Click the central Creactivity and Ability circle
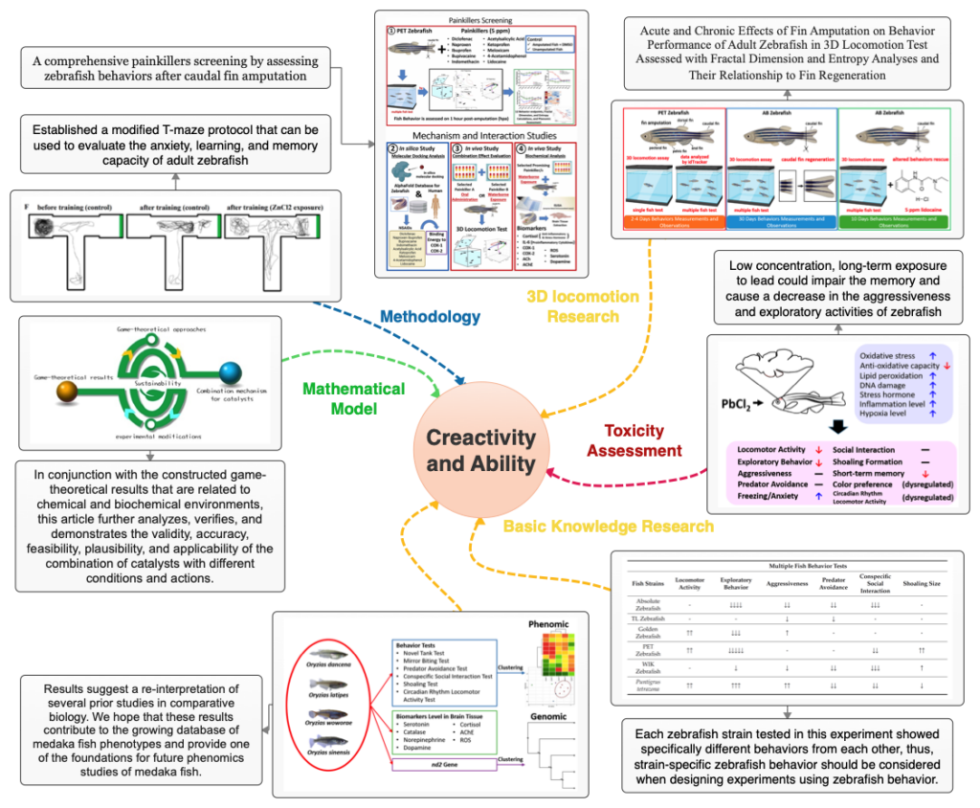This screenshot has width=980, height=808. [x=480, y=450]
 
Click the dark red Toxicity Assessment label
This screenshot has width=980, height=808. [x=635, y=441]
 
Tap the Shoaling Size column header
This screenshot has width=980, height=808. [x=922, y=583]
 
